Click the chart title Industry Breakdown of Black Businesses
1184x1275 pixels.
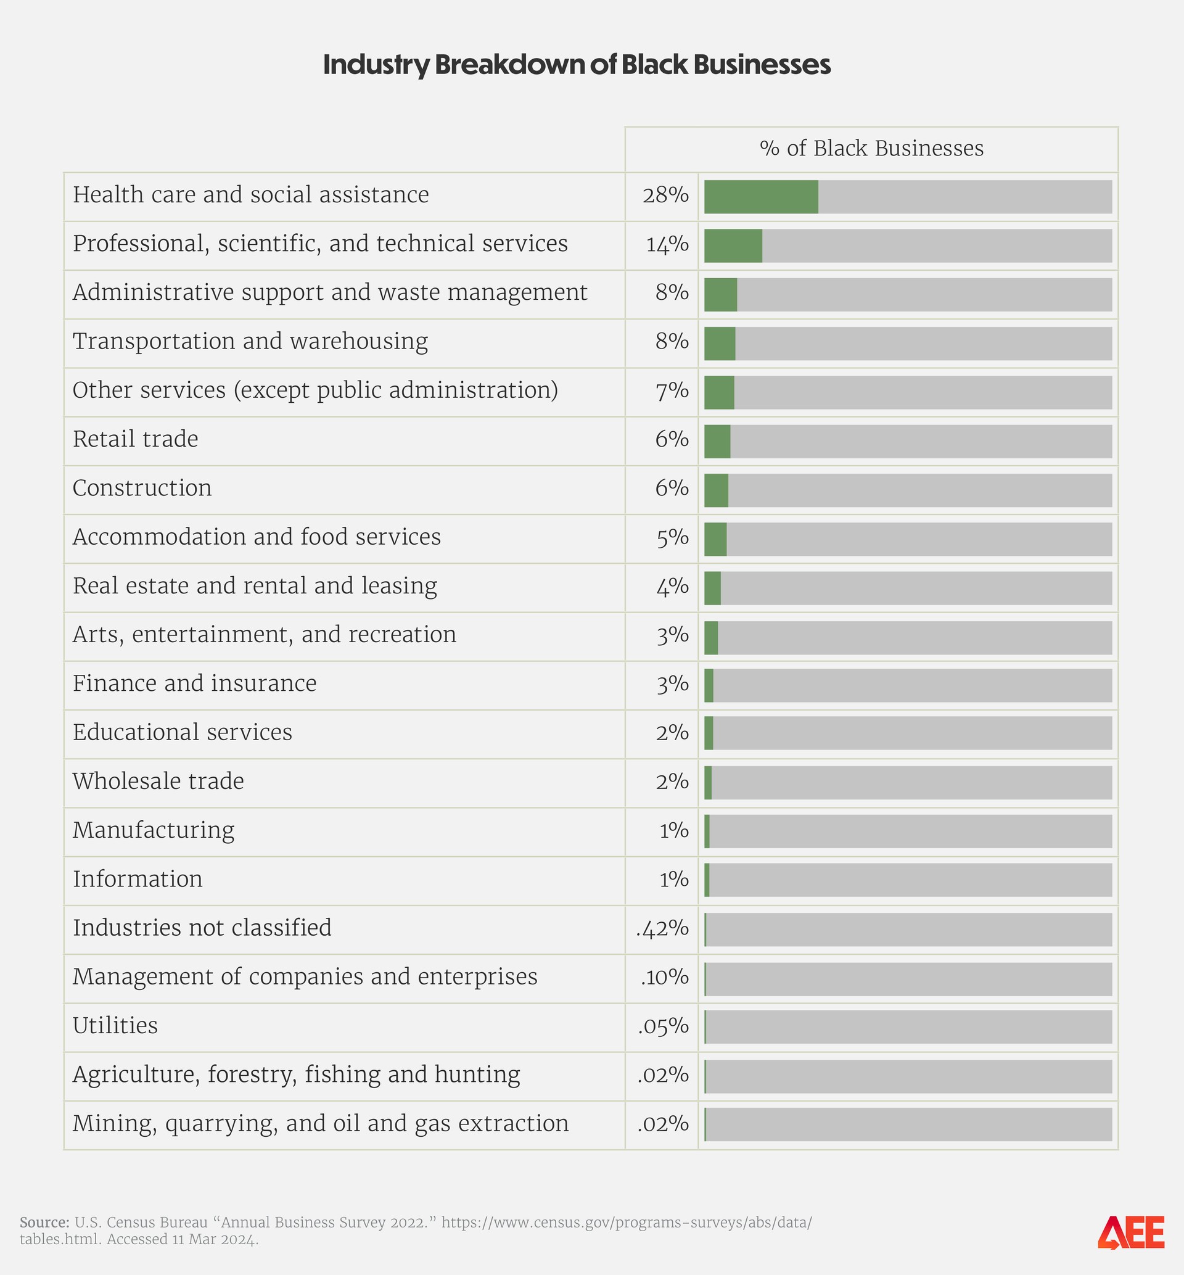click(577, 65)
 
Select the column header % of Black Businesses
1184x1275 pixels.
click(871, 149)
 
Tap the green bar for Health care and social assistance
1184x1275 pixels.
click(760, 197)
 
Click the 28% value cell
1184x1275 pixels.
click(665, 195)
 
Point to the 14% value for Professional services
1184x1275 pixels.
click(667, 244)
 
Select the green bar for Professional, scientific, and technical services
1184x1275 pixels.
click(733, 246)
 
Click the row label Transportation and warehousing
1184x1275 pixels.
click(250, 341)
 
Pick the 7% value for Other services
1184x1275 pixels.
click(672, 390)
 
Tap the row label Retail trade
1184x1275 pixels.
click(135, 439)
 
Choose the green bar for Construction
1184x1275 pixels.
click(716, 490)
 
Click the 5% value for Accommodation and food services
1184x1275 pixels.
click(672, 537)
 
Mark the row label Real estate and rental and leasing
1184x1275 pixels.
click(254, 585)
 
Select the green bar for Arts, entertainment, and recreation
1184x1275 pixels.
click(710, 638)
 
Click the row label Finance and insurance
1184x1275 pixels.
click(194, 683)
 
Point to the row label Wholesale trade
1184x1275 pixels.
click(158, 781)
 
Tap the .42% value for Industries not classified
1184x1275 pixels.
click(662, 928)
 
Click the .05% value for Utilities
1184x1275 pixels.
click(663, 1026)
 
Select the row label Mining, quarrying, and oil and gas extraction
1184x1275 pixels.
click(320, 1123)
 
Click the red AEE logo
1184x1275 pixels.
click(1131, 1232)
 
